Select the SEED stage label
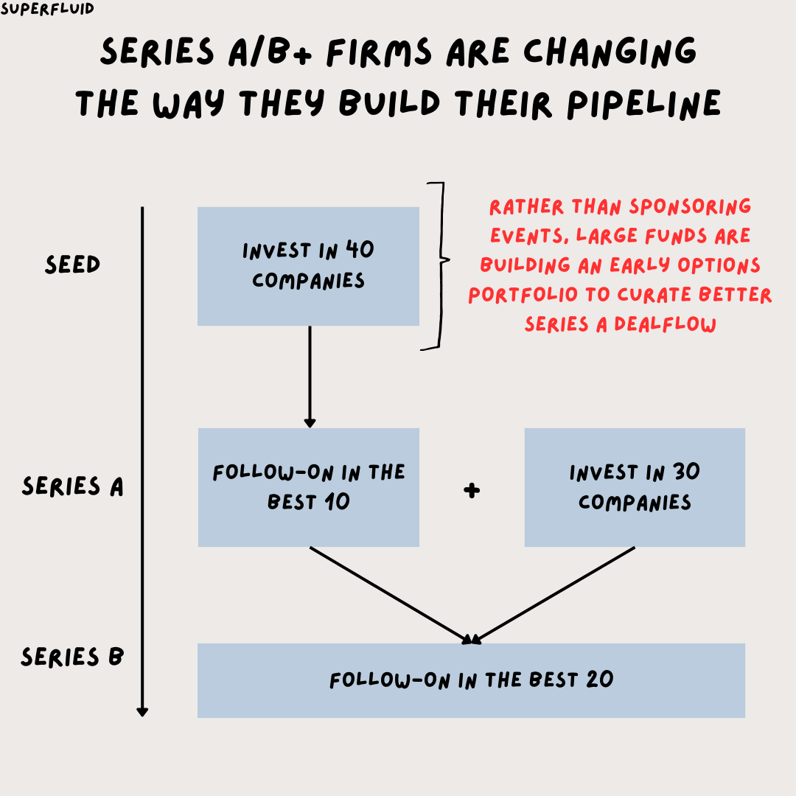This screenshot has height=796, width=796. pyautogui.click(x=72, y=265)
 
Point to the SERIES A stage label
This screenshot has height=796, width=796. pyautogui.click(x=72, y=486)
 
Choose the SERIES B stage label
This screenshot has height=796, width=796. pyautogui.click(x=72, y=657)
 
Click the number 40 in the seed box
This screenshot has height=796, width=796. pyautogui.click(x=360, y=251)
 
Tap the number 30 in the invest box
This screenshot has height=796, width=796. pyautogui.click(x=685, y=472)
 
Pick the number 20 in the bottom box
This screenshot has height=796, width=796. pyautogui.click(x=601, y=680)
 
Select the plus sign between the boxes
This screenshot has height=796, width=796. pyautogui.click(x=472, y=490)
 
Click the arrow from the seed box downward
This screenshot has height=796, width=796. pyautogui.click(x=310, y=376)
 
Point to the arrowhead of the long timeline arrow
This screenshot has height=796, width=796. pyautogui.click(x=142, y=711)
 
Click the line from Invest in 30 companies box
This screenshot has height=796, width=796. pyautogui.click(x=553, y=595)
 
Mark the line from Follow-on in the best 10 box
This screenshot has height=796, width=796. pyautogui.click(x=391, y=595)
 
